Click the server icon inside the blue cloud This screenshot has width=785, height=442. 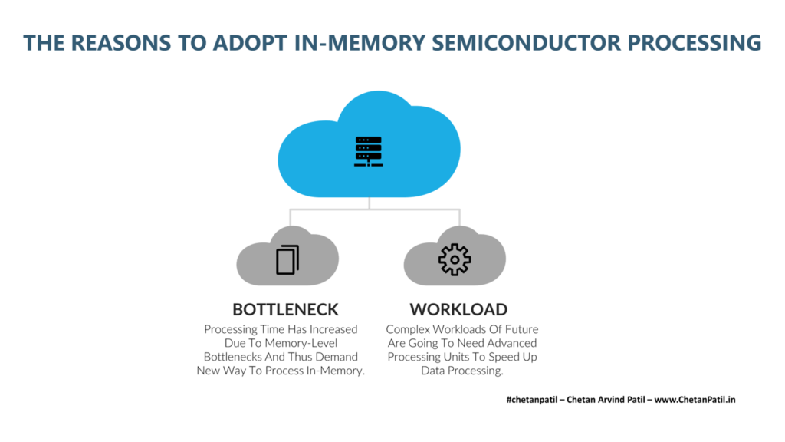(x=369, y=151)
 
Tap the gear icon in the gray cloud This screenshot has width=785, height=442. (x=455, y=259)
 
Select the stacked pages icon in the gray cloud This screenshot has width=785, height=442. (x=287, y=259)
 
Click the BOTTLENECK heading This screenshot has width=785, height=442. (x=285, y=310)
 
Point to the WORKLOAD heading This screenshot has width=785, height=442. (x=458, y=310)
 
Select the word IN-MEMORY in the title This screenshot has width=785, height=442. (x=360, y=43)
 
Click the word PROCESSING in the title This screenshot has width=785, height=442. (x=695, y=43)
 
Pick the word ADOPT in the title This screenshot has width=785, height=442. (x=250, y=43)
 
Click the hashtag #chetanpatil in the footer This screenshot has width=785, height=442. (x=531, y=400)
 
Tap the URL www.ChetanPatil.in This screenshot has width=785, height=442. (x=695, y=400)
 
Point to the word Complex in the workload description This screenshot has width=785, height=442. (x=408, y=330)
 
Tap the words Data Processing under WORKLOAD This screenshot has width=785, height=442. (x=462, y=371)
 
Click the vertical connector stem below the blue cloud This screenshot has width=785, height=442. (x=369, y=203)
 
